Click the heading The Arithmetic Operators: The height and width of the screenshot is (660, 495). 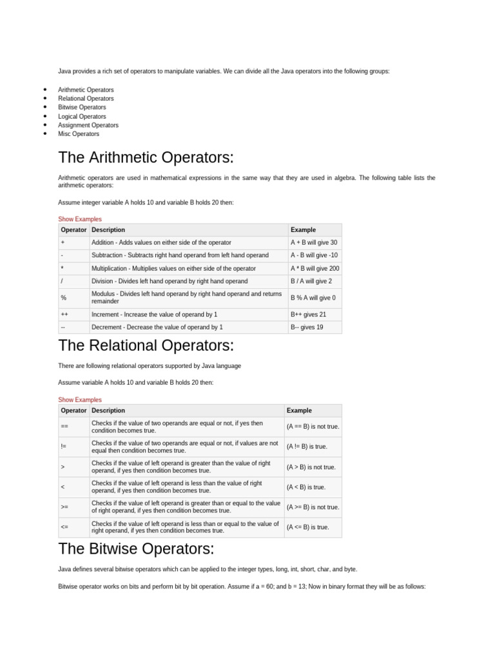pos(146,158)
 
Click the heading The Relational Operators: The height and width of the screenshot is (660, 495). pos(145,345)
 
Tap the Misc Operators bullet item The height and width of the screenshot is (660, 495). pos(79,134)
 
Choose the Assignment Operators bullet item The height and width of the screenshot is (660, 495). pos(88,125)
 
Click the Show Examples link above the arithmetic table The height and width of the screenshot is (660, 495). pos(80,219)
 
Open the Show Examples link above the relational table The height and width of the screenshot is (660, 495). pos(80,400)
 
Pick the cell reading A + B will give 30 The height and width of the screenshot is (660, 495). pos(314,242)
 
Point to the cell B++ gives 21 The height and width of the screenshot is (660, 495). pos(308,314)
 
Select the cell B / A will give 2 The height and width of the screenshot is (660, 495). pos(311,281)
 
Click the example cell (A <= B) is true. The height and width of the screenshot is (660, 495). pos(308,527)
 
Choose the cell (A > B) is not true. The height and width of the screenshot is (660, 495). pos(311,467)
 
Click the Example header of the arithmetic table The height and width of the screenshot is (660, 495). pos(304,229)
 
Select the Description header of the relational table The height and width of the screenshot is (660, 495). pos(108,410)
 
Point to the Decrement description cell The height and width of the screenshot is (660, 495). pos(157,327)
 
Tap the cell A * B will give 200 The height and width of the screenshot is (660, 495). pos(315,268)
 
